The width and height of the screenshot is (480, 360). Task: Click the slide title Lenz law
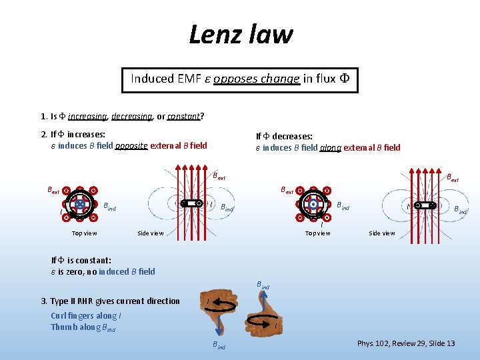(x=241, y=33)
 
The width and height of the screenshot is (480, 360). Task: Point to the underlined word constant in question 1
(x=183, y=116)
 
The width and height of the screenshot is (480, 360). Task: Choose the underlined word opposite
(x=131, y=145)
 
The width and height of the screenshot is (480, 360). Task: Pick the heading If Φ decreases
(x=285, y=136)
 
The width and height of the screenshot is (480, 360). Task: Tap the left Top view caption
(x=85, y=233)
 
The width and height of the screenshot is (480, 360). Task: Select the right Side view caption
(x=382, y=233)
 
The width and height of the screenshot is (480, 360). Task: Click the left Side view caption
(x=151, y=233)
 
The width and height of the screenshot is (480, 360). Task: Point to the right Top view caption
(x=317, y=233)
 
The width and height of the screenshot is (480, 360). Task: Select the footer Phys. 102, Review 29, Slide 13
(x=406, y=343)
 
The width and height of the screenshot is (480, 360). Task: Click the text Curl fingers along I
(x=86, y=316)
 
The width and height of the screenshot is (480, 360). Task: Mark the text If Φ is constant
(x=81, y=260)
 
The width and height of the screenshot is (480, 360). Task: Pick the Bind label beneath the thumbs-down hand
(x=219, y=346)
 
